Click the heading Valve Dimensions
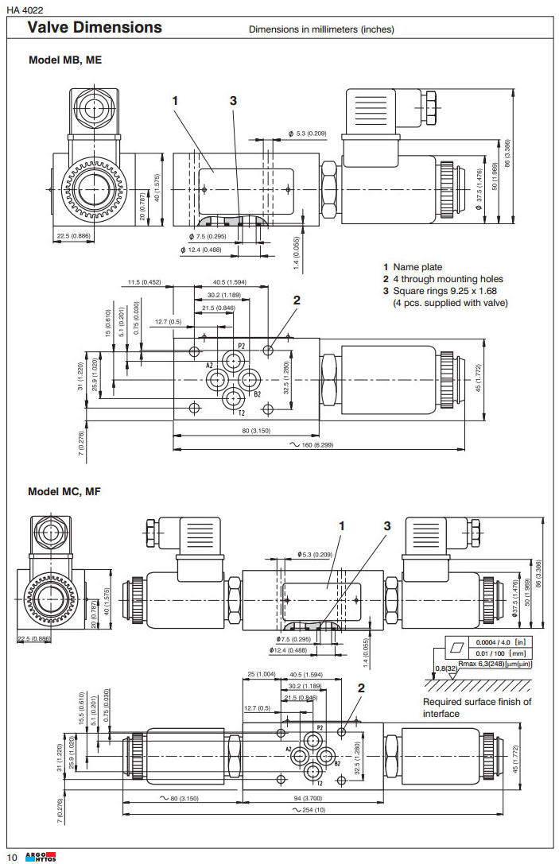95,28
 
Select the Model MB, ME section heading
65,60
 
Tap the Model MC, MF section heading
65,491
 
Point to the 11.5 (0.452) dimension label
145,281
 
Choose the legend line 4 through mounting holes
448,279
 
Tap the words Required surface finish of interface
476,707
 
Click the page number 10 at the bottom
12,856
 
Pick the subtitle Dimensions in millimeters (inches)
321,29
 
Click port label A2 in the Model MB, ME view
211,366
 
